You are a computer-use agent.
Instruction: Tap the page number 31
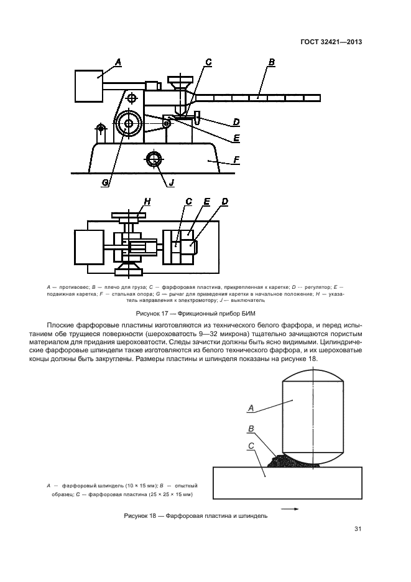358,529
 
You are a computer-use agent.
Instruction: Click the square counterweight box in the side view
89,86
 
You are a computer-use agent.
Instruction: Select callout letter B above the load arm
272,62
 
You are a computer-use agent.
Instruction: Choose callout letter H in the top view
147,201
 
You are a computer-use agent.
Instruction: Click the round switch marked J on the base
153,159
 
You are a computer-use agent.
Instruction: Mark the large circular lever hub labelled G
129,124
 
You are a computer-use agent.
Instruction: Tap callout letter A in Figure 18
251,408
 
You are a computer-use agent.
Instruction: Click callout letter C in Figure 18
249,446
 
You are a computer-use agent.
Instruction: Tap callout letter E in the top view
206,202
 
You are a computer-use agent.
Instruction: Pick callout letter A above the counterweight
118,62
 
